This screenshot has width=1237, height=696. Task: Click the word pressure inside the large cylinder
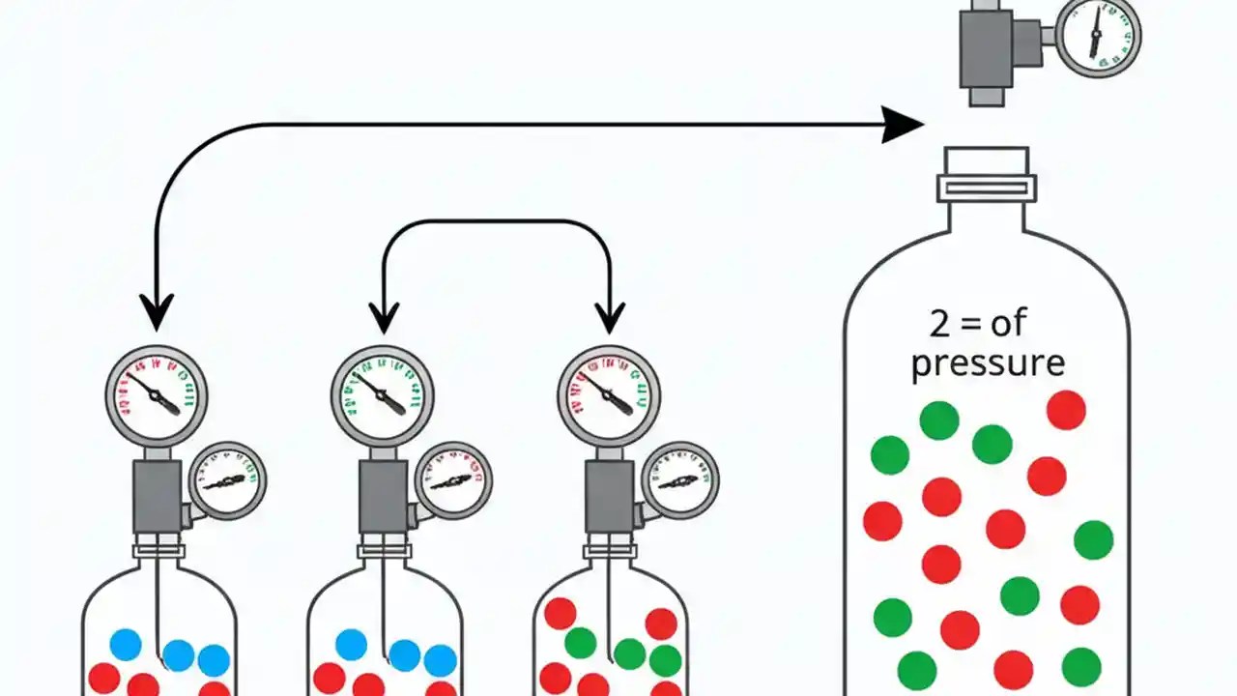point(988,363)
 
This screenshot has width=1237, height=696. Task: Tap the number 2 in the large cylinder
point(939,323)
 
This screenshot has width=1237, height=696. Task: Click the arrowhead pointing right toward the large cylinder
point(903,124)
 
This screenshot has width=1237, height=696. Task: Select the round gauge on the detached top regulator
point(1099,37)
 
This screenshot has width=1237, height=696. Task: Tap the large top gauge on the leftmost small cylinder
point(157,394)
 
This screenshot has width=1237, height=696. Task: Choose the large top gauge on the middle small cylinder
point(383,394)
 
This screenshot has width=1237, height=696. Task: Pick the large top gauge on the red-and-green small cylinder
point(609,394)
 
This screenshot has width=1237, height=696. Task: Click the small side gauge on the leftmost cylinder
point(227,480)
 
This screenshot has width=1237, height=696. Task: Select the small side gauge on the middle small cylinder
point(453,480)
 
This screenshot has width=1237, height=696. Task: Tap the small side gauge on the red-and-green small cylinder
point(679,480)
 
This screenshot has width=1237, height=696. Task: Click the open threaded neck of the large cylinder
point(987,174)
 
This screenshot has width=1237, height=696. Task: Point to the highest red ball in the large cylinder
point(1066,410)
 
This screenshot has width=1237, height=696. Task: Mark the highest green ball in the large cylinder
point(939,420)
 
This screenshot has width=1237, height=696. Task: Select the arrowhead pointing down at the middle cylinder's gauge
point(384,314)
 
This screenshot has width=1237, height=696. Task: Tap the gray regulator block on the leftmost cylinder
point(157,495)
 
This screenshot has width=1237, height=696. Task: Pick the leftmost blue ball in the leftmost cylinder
point(126,644)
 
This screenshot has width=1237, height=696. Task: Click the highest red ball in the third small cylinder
point(561,613)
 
